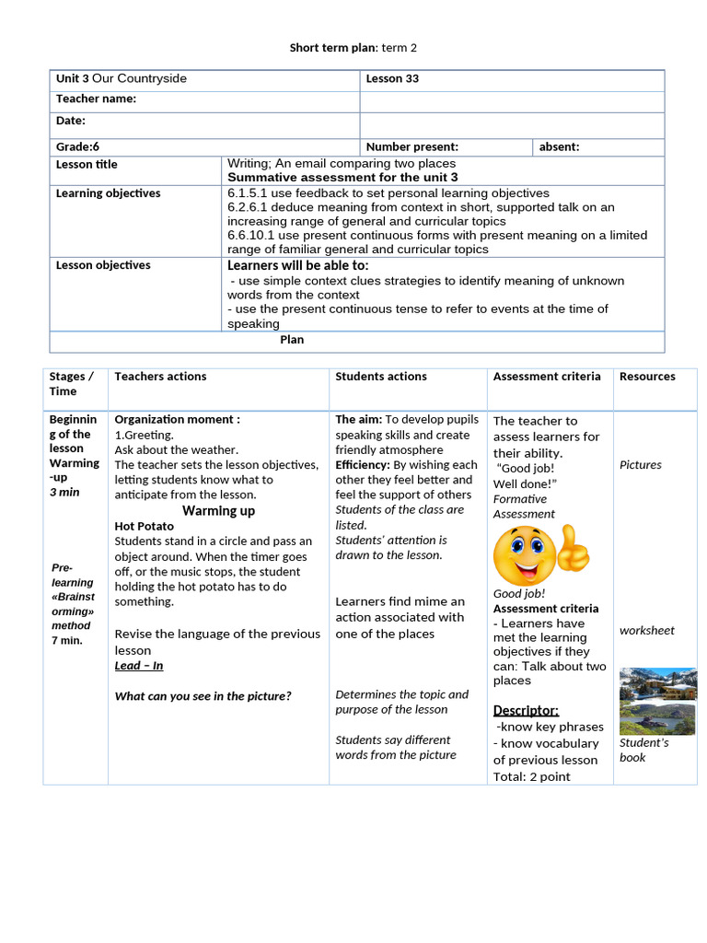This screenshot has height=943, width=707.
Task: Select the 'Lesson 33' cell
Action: [x=392, y=79]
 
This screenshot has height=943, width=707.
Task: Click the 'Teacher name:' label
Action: [x=96, y=99]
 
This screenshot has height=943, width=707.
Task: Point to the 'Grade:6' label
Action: [x=77, y=147]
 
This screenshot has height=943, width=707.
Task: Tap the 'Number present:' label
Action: [x=411, y=147]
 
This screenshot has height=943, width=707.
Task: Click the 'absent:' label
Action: [x=559, y=147]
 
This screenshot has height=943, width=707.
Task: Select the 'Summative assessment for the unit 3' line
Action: [x=342, y=178]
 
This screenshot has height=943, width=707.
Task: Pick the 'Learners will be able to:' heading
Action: [x=297, y=265]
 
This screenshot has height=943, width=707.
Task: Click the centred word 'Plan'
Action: [x=292, y=340]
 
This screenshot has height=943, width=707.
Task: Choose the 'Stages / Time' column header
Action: [x=72, y=384]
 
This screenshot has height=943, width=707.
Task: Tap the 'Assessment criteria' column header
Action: [x=546, y=377]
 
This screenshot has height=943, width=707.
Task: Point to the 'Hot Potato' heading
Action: [x=144, y=527]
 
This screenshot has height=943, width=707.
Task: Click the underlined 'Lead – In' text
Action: [x=139, y=666]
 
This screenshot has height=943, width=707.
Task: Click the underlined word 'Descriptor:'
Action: [x=526, y=710]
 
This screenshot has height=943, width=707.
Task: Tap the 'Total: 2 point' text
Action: [x=531, y=776]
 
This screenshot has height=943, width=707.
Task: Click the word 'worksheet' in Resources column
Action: [x=646, y=631]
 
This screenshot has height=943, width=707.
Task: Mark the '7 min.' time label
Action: [x=67, y=641]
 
